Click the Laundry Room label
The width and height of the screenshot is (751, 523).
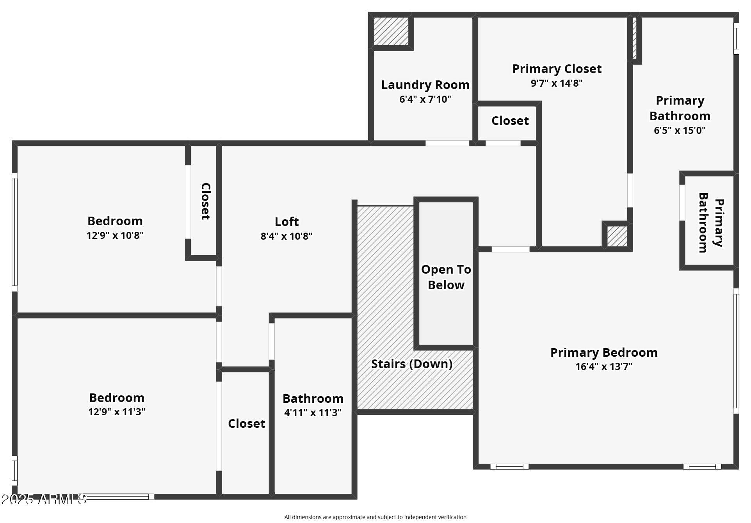[425, 85]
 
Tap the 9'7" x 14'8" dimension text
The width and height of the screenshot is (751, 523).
[557, 83]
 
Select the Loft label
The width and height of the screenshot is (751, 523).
[287, 222]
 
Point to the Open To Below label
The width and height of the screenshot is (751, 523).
[446, 277]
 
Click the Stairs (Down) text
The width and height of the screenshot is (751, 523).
[412, 364]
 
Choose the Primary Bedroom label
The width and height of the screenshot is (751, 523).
[604, 352]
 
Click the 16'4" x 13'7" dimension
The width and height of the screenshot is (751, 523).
[604, 366]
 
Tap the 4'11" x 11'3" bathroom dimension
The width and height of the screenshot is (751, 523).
[313, 413]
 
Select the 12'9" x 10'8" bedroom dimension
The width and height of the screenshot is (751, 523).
[115, 235]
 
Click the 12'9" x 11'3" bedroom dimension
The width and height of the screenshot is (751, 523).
[117, 412]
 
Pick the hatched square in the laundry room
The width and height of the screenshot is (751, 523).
[391, 31]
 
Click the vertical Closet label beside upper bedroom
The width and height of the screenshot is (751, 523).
[205, 201]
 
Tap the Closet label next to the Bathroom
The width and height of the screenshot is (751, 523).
[247, 423]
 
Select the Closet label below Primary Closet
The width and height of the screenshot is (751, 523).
[510, 121]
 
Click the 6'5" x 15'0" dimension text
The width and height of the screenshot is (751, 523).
[680, 130]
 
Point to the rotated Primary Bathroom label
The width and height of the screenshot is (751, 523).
[711, 222]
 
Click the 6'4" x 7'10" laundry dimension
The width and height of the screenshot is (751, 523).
[425, 99]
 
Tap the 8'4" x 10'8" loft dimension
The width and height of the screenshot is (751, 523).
[287, 236]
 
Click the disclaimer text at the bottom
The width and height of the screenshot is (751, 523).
[375, 517]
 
